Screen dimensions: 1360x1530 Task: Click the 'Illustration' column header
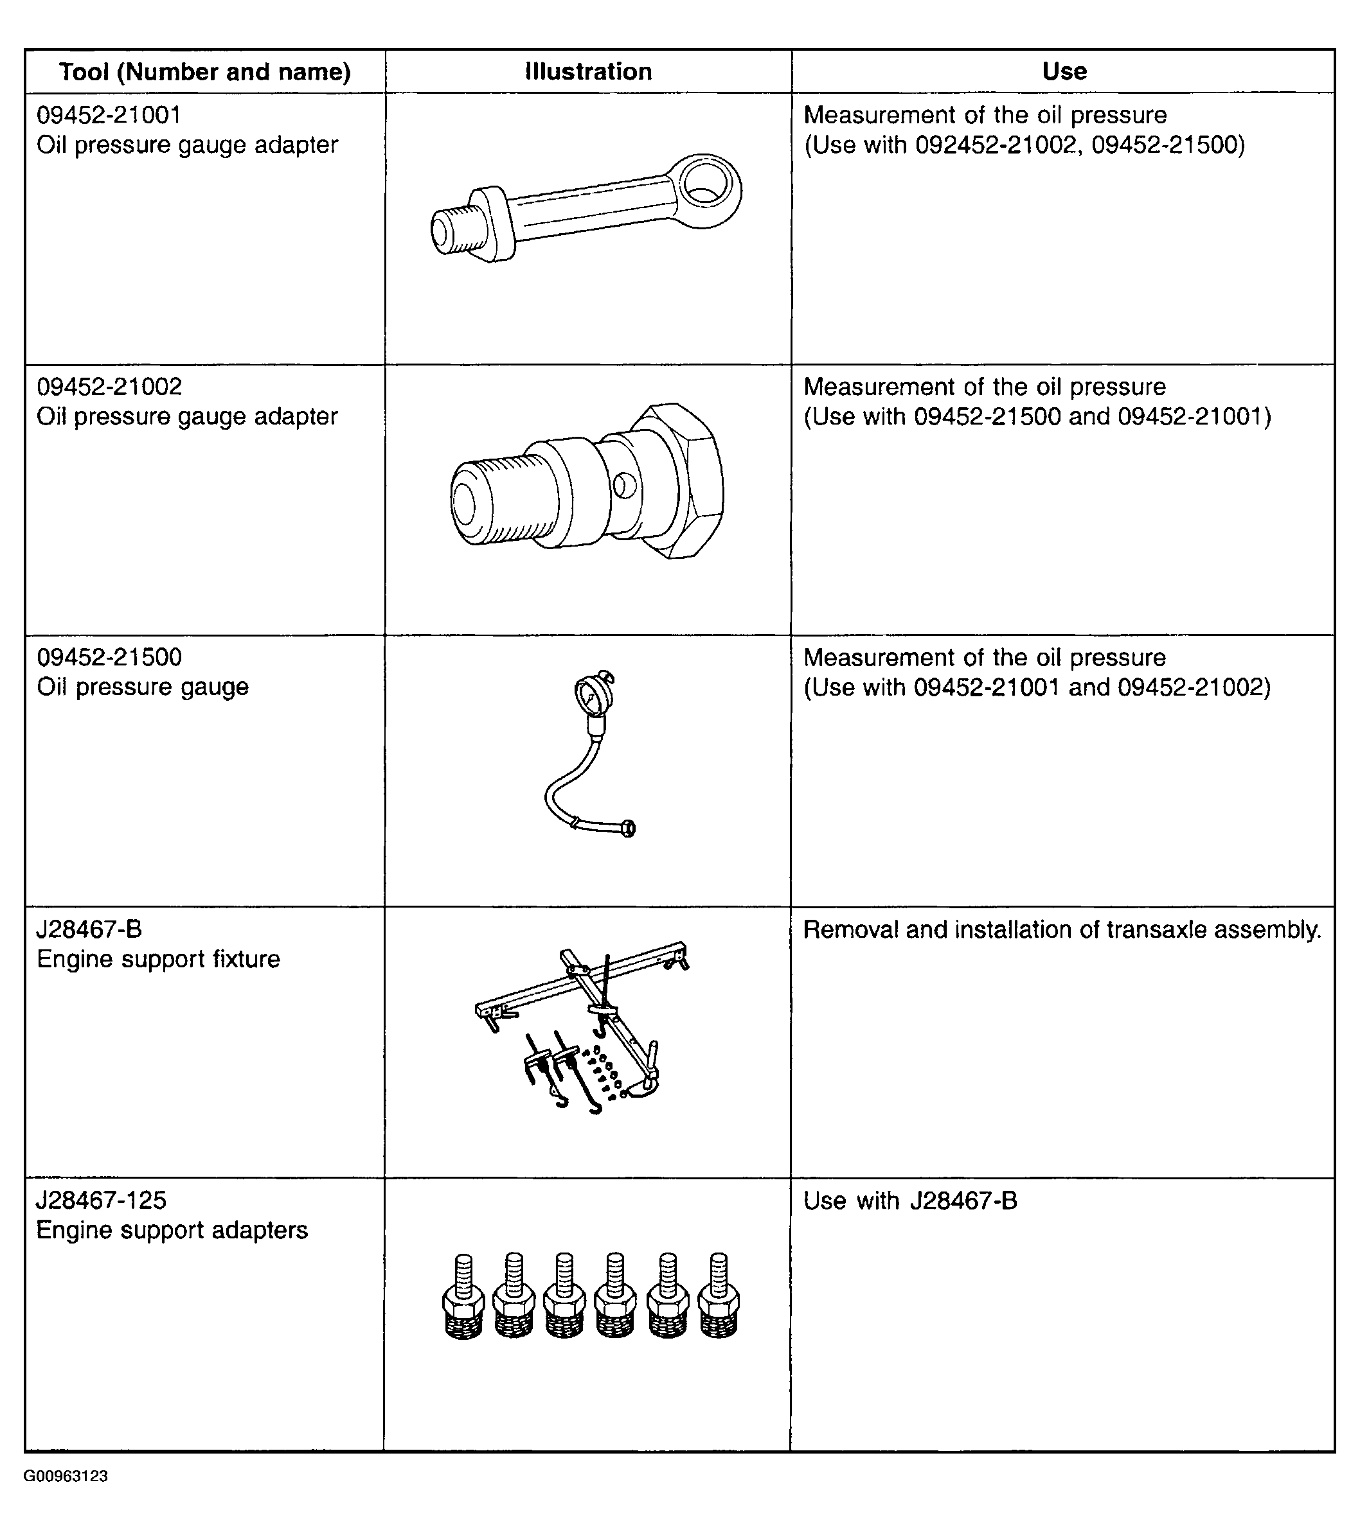(x=588, y=72)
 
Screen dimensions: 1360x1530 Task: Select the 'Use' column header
(x=1064, y=72)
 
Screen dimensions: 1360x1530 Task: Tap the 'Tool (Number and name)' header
(x=204, y=72)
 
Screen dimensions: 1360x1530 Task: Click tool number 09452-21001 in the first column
(x=109, y=114)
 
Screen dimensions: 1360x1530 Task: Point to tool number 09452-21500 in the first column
(x=109, y=657)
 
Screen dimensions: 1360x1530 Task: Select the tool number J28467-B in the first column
(x=89, y=929)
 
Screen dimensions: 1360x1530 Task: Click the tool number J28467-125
(x=101, y=1200)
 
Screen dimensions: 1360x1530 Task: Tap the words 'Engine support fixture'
(x=158, y=959)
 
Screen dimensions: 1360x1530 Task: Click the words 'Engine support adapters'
(x=172, y=1231)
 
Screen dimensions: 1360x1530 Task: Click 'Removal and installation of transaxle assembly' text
(x=1062, y=929)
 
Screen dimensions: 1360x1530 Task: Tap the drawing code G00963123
(x=66, y=1476)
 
